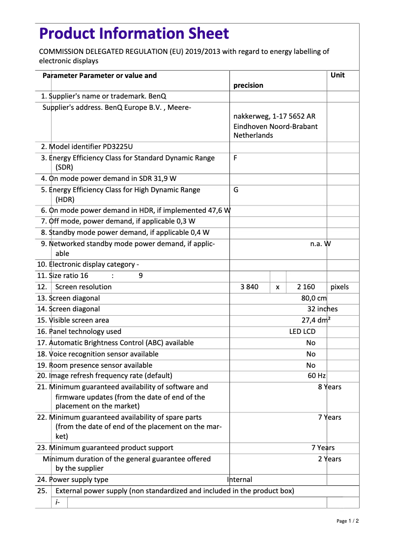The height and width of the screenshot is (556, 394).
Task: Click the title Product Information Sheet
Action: pyautogui.click(x=134, y=34)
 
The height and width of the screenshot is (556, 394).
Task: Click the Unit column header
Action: pyautogui.click(x=338, y=75)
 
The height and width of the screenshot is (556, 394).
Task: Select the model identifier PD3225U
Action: pyautogui.click(x=118, y=147)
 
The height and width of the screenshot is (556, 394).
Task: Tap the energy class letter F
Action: pyautogui.click(x=236, y=158)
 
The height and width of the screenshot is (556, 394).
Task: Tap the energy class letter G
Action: pyautogui.click(x=236, y=190)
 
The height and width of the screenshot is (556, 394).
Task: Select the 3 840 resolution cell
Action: pyautogui.click(x=249, y=287)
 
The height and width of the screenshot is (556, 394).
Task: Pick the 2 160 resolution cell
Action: pyautogui.click(x=306, y=287)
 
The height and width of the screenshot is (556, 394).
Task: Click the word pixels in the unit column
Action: pyautogui.click(x=339, y=287)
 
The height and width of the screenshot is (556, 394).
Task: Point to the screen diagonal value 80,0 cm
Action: pyautogui.click(x=314, y=298)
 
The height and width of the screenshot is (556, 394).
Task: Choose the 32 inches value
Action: pyautogui.click(x=322, y=309)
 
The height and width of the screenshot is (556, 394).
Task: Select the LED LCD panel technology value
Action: pyautogui.click(x=302, y=331)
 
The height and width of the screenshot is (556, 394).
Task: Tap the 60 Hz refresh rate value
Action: pyautogui.click(x=316, y=376)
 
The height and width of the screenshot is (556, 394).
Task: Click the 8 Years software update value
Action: pyautogui.click(x=329, y=387)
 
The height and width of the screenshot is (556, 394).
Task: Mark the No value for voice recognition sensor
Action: pyautogui.click(x=311, y=354)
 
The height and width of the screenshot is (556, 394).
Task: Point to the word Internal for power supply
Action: pyautogui.click(x=240, y=480)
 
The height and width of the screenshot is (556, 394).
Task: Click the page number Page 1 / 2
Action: pyautogui.click(x=347, y=521)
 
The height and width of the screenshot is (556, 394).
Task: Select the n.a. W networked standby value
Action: pyautogui.click(x=320, y=244)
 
